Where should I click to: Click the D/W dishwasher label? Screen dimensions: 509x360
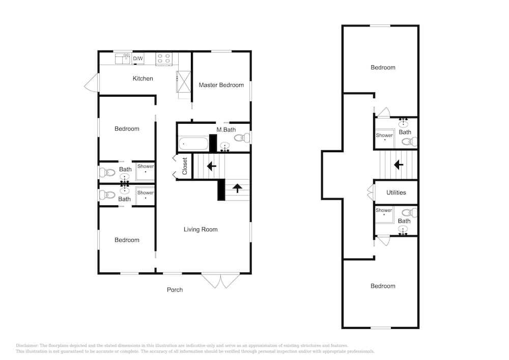pyautogui.click(x=138, y=59)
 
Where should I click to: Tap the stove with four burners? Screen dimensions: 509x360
pyautogui.click(x=164, y=59)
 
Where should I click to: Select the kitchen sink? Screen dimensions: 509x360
pyautogui.click(x=123, y=59)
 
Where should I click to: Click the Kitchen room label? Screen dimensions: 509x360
pyautogui.click(x=143, y=78)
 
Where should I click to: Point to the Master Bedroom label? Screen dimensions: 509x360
pyautogui.click(x=221, y=85)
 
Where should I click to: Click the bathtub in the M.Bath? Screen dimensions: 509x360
pyautogui.click(x=193, y=144)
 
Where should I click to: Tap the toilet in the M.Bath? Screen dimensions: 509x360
pyautogui.click(x=242, y=138)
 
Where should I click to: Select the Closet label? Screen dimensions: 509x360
pyautogui.click(x=185, y=166)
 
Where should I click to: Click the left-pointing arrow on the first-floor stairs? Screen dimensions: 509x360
pyautogui.click(x=212, y=166)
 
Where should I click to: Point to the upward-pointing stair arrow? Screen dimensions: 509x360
pyautogui.click(x=237, y=188)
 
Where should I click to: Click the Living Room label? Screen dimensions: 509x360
pyautogui.click(x=201, y=230)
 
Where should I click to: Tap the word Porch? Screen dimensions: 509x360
pyautogui.click(x=175, y=290)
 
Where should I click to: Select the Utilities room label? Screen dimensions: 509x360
pyautogui.click(x=396, y=192)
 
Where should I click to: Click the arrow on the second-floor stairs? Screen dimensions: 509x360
pyautogui.click(x=399, y=165)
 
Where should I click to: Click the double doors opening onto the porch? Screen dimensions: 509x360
pyautogui.click(x=221, y=281)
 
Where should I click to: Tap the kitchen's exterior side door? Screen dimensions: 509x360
pyautogui.click(x=92, y=82)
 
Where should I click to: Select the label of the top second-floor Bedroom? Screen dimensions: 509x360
pyautogui.click(x=383, y=68)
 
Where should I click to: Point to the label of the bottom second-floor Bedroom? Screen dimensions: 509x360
pyautogui.click(x=383, y=286)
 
